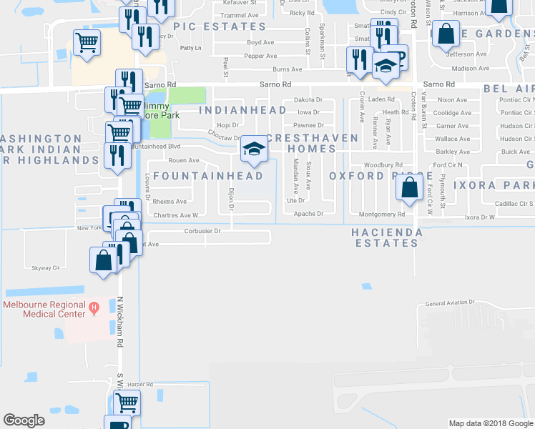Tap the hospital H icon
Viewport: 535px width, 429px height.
pos(93,308)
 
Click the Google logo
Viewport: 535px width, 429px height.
pos(24,420)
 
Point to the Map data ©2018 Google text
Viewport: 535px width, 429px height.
pos(490,423)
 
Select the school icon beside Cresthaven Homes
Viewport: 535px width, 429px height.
pos(251,149)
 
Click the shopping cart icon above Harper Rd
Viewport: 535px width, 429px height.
pos(126,403)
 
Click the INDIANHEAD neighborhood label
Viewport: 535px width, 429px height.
pos(242,110)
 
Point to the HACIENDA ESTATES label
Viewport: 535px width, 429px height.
pos(384,238)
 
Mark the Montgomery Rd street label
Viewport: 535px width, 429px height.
pos(382,214)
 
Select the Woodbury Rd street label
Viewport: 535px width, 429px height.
pos(389,165)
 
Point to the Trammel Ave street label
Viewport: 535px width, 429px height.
pos(239,15)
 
